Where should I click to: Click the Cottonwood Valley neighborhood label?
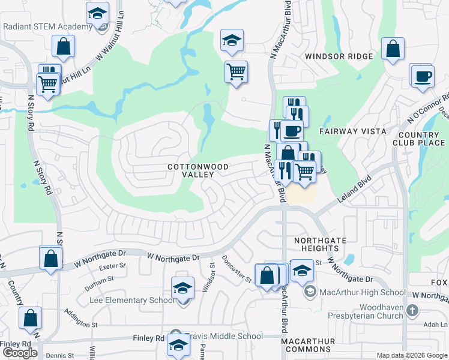coord(191,170)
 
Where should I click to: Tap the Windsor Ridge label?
coord(339,56)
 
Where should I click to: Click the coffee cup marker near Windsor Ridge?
coord(422,76)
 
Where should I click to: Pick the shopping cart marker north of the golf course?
coord(237,71)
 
